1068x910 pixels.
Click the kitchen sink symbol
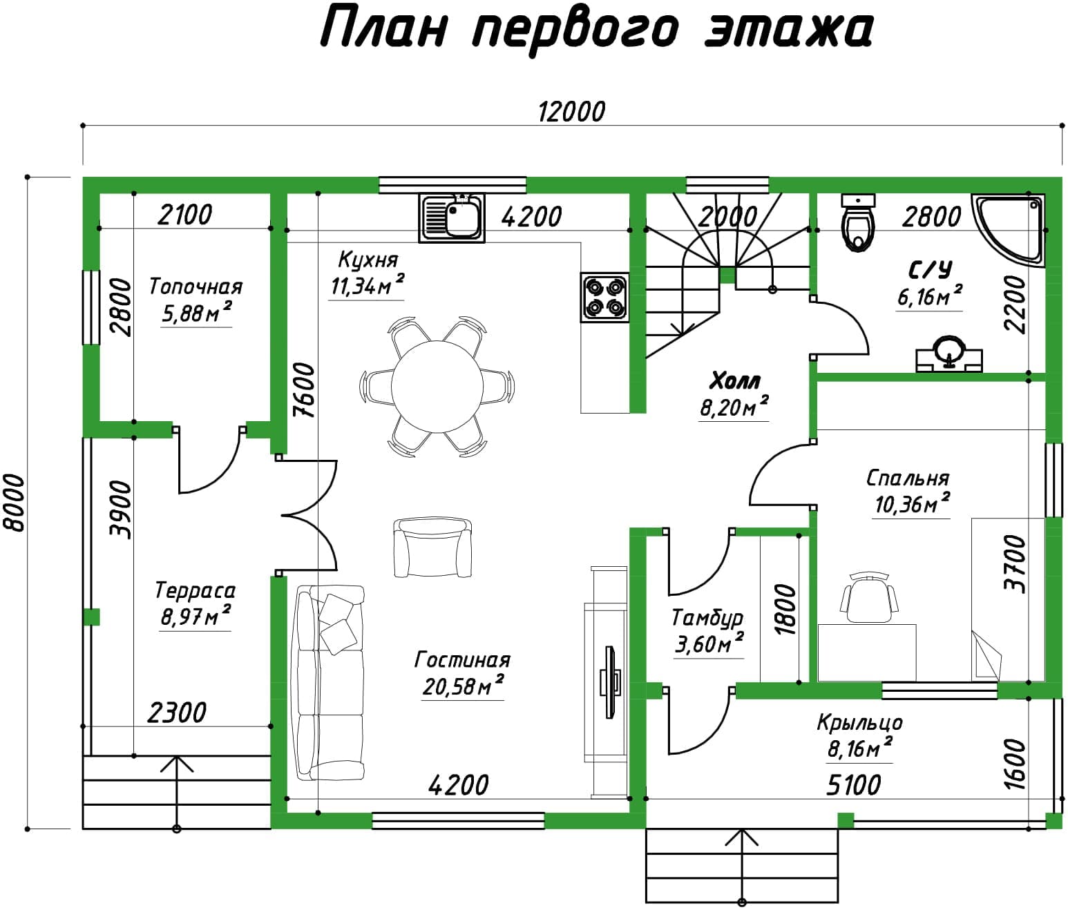pyautogui.click(x=452, y=218)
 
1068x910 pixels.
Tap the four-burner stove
pyautogui.click(x=604, y=297)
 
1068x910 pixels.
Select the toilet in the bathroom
pyautogui.click(x=858, y=222)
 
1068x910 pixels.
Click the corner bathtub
pyautogui.click(x=1009, y=230)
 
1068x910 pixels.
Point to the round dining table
pyautogui.click(x=437, y=387)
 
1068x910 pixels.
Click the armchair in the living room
pyautogui.click(x=432, y=548)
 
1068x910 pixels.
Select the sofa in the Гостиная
pyautogui.click(x=327, y=683)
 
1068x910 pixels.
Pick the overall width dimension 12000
pyautogui.click(x=571, y=112)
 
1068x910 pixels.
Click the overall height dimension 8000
pyautogui.click(x=15, y=503)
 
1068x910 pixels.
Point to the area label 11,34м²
pyautogui.click(x=368, y=286)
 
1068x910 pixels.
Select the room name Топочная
pyautogui.click(x=196, y=287)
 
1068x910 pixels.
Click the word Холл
pyautogui.click(x=735, y=381)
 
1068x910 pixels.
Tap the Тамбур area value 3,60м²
pyautogui.click(x=709, y=643)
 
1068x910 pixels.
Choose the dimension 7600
pyautogui.click(x=304, y=390)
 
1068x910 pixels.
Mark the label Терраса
pyautogui.click(x=196, y=590)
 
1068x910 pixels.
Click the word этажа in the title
pyautogui.click(x=789, y=30)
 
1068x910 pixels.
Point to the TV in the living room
pyautogui.click(x=610, y=681)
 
